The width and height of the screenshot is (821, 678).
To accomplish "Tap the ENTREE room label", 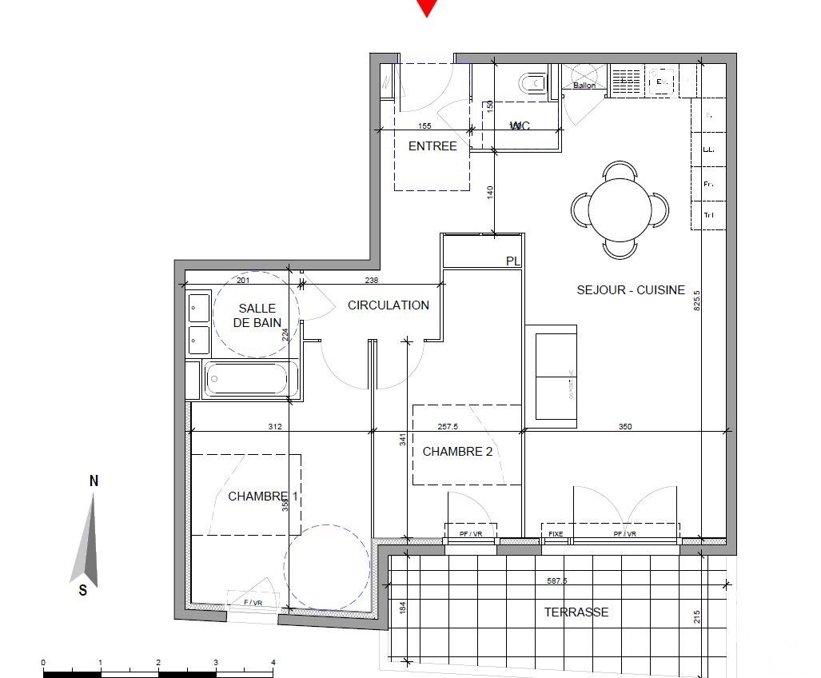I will click(x=432, y=146).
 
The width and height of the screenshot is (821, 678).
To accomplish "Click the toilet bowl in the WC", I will click(x=531, y=83).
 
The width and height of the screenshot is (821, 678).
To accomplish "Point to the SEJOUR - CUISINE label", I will click(x=631, y=290).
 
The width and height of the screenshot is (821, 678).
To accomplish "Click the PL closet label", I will click(x=512, y=261).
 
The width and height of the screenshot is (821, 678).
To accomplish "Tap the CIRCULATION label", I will click(x=388, y=305).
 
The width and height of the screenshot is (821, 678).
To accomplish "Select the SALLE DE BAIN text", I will click(x=257, y=316).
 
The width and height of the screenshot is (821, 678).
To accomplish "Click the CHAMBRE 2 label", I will click(x=457, y=452).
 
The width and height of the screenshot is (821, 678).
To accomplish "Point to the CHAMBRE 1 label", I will click(x=263, y=497).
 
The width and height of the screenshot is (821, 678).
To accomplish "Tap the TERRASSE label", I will click(x=576, y=612).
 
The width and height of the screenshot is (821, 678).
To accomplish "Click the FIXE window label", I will click(x=556, y=534).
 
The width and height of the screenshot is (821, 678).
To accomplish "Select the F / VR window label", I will click(x=253, y=603).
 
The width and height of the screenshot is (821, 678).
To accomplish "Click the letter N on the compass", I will click(x=94, y=481).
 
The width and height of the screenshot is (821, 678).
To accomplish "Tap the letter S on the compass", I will click(x=82, y=591).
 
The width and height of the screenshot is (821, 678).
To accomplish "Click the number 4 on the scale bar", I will click(x=273, y=662).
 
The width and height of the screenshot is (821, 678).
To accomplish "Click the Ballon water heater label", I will click(x=584, y=86).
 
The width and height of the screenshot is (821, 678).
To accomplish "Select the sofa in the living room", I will click(x=552, y=373).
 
